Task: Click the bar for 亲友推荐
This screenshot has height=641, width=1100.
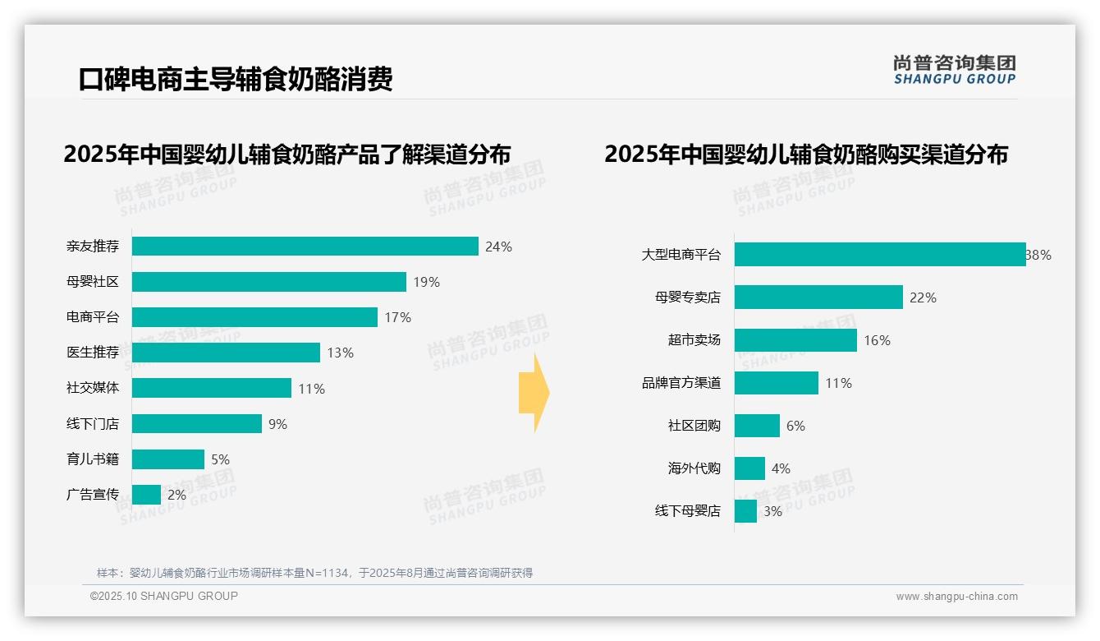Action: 305,247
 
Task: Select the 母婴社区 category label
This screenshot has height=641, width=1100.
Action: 93,282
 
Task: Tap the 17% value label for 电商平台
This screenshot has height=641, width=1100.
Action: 397,317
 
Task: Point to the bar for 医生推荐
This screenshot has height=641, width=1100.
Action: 226,353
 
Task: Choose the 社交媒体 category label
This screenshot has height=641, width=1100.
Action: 93,388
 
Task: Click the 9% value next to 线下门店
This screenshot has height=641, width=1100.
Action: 277,424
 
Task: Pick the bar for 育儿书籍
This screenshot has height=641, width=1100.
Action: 168,459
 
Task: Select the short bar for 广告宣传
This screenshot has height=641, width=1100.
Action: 146,495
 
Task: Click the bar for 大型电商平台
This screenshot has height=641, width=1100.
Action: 880,255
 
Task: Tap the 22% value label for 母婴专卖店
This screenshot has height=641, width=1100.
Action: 923,297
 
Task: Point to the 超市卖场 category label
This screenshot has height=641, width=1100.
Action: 694,340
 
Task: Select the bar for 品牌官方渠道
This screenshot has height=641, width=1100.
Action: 777,383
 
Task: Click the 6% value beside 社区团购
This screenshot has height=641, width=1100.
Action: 795,426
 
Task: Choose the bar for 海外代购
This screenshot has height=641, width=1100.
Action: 749,468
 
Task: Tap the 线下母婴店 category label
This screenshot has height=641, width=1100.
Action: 687,511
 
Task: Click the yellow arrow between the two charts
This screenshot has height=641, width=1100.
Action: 534,394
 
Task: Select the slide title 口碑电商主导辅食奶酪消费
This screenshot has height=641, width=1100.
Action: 236,79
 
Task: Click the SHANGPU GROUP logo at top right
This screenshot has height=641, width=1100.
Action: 954,69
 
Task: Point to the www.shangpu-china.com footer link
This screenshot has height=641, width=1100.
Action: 956,597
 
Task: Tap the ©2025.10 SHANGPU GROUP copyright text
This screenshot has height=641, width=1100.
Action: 164,596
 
